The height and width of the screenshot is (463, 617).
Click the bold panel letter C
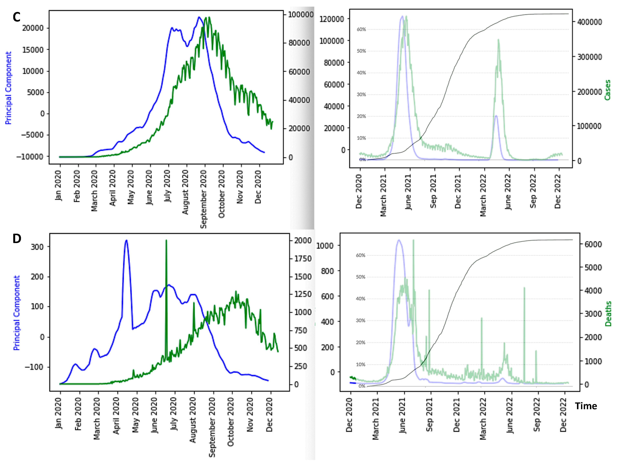pyautogui.click(x=16, y=17)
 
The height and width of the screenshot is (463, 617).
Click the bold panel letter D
pyautogui.click(x=17, y=239)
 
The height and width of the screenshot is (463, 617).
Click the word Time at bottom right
pyautogui.click(x=586, y=406)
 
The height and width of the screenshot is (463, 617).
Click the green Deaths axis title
pyautogui.click(x=608, y=314)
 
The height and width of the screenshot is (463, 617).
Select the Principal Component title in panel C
pyautogui.click(x=8, y=88)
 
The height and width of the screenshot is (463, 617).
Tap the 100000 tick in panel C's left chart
pyautogui.click(x=300, y=15)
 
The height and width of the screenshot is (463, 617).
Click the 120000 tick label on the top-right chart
pyautogui.click(x=331, y=19)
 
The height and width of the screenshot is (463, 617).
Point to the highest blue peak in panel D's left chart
pyautogui.click(x=126, y=241)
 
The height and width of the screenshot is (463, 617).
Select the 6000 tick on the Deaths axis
pyautogui.click(x=593, y=244)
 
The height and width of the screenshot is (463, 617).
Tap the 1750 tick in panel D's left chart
pyautogui.click(x=303, y=259)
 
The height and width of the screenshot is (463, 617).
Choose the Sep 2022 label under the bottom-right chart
pyautogui.click(x=537, y=416)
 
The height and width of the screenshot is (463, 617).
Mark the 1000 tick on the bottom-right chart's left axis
pyautogui.click(x=325, y=246)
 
